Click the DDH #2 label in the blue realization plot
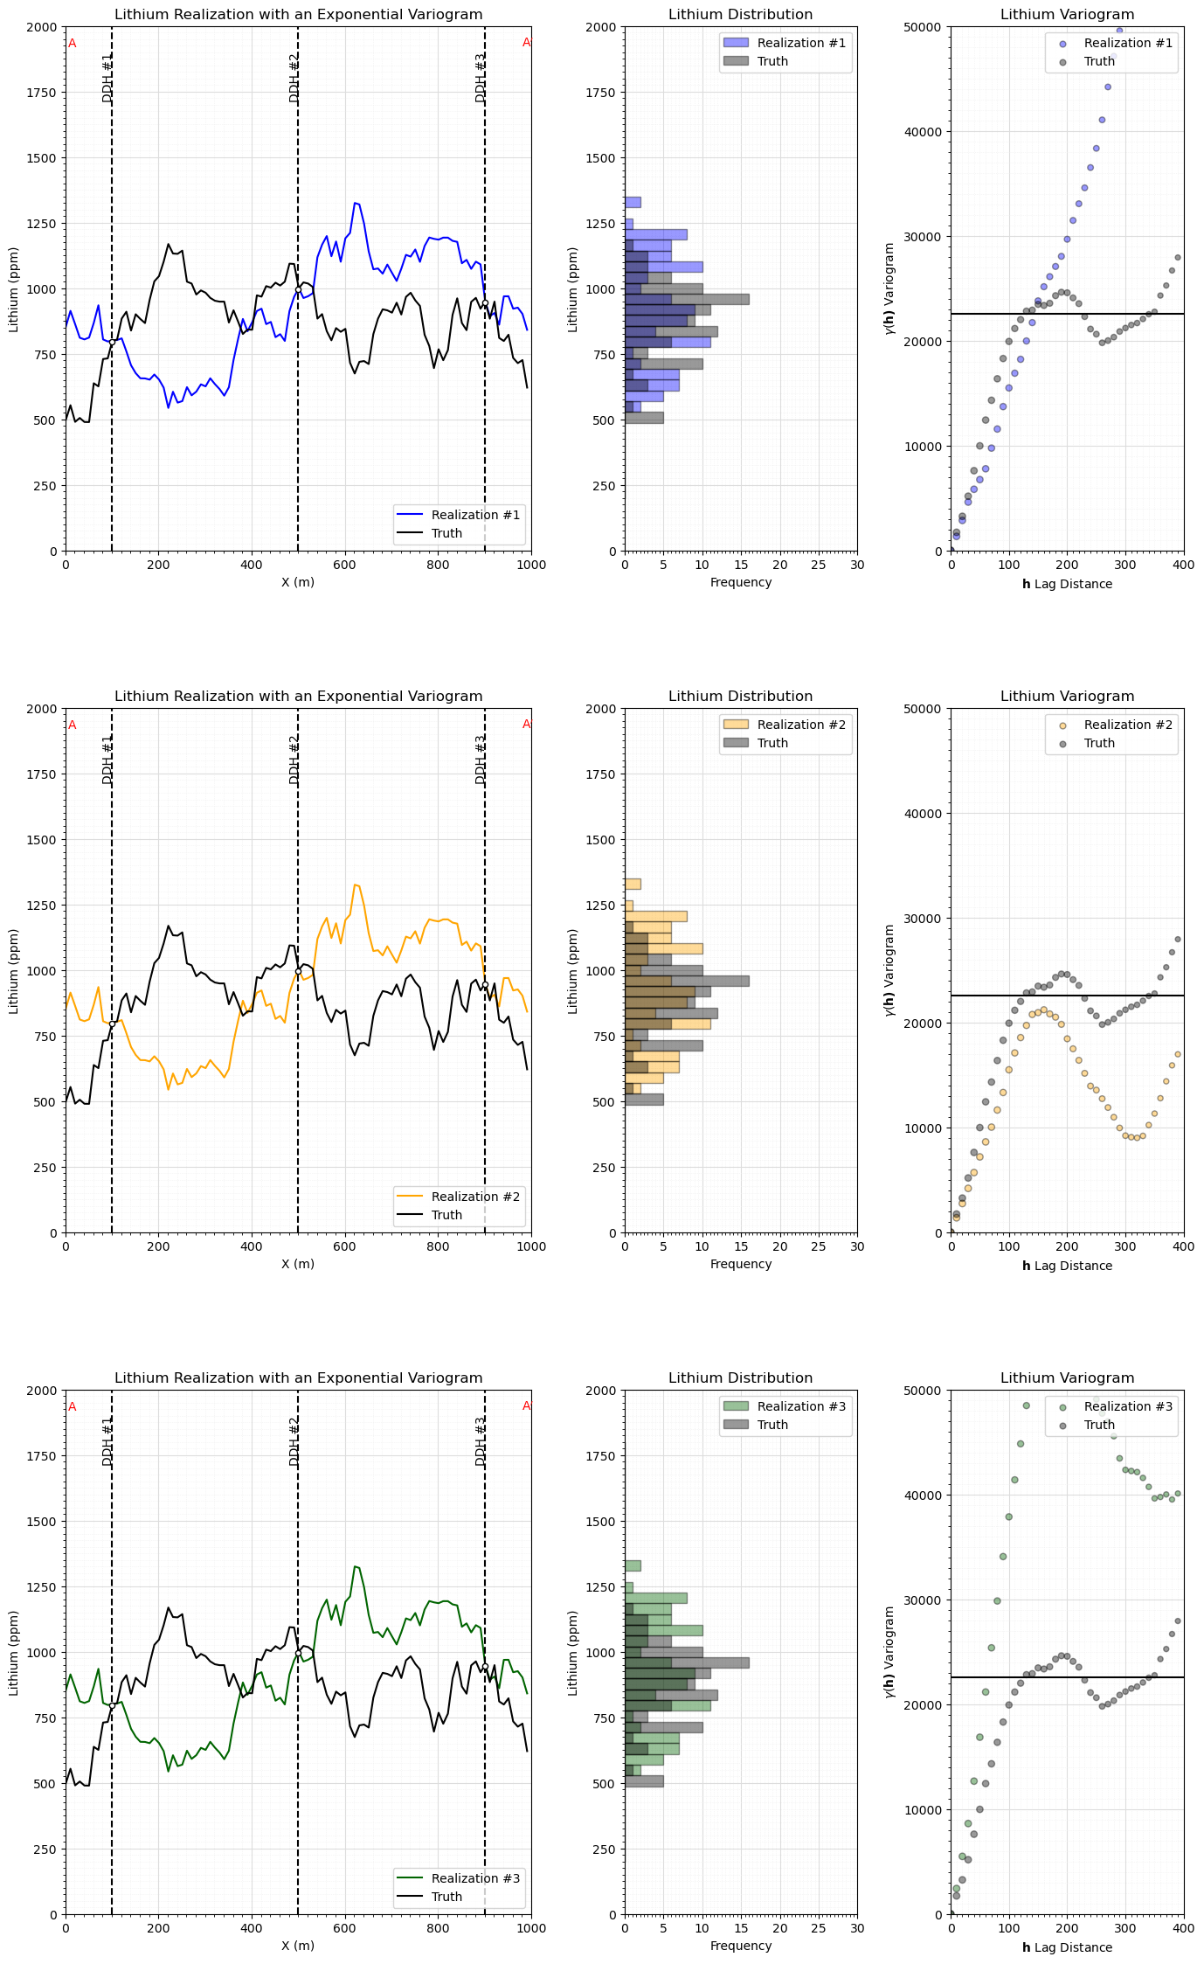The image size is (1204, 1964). tap(294, 78)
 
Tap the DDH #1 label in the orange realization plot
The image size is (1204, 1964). tap(107, 760)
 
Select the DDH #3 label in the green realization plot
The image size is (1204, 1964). tap(481, 1441)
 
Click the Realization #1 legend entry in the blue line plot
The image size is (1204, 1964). tap(474, 515)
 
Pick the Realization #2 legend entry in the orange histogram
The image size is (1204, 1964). tap(800, 725)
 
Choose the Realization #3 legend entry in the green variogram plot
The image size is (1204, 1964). tap(1128, 1406)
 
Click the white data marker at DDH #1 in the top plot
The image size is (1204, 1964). tap(112, 343)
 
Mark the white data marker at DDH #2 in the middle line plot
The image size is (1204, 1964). tap(298, 971)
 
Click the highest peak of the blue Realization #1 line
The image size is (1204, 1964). tap(355, 203)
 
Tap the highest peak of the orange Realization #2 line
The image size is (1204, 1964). tap(355, 885)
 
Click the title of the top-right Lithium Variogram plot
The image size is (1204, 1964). tap(1067, 15)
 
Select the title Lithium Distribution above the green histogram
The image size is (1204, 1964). tap(740, 1378)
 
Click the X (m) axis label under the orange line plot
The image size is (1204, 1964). tap(298, 1264)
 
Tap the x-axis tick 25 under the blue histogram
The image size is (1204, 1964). tap(818, 565)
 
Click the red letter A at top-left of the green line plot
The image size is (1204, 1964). tap(73, 1407)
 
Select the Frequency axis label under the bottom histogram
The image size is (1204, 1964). tap(740, 1946)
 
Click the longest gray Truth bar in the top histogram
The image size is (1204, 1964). tap(687, 299)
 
